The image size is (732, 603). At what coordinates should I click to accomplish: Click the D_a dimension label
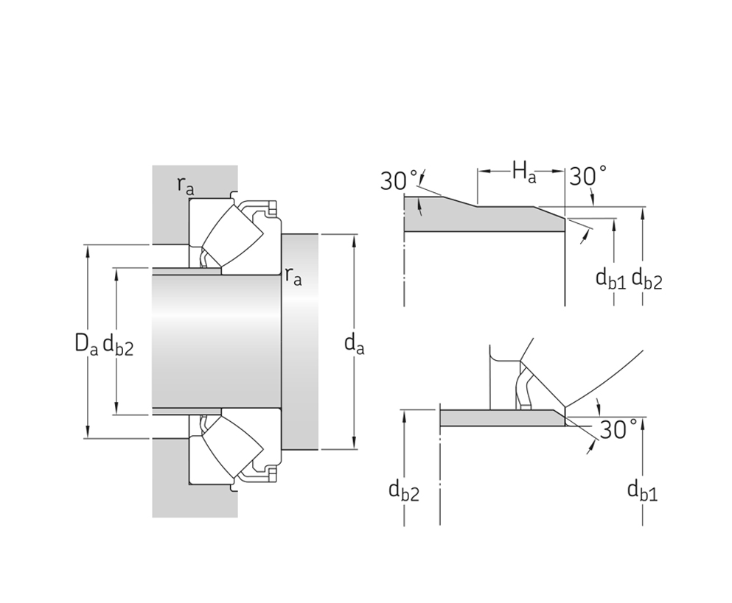(86, 343)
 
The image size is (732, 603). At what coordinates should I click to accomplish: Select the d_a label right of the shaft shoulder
(354, 343)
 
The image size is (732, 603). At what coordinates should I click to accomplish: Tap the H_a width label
(523, 174)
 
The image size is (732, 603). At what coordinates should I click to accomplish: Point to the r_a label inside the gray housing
(186, 186)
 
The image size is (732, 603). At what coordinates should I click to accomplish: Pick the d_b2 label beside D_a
(119, 343)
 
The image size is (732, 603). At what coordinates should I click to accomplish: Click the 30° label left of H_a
(399, 181)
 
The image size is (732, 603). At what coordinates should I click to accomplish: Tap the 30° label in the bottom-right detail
(618, 429)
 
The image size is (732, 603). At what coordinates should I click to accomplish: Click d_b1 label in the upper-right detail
(610, 279)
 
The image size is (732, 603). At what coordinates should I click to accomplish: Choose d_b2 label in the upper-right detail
(646, 279)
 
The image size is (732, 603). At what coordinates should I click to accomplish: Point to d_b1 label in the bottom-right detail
(642, 490)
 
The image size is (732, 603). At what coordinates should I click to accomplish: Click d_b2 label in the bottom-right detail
(404, 490)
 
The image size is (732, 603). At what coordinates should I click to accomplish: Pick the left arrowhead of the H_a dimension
(482, 174)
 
